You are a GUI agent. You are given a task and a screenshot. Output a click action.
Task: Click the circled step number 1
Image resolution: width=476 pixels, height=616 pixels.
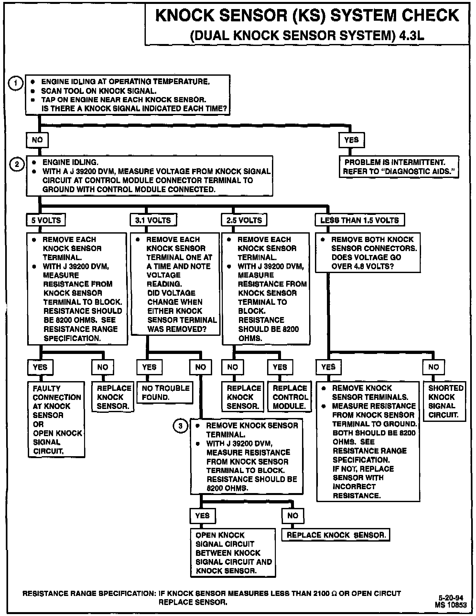tap(15, 83)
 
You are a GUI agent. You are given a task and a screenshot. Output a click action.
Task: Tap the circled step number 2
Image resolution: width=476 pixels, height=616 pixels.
tap(17, 164)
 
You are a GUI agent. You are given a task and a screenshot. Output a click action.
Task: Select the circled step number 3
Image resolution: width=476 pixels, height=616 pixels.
tap(180, 426)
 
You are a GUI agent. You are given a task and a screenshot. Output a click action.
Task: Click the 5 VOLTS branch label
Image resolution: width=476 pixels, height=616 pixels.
tap(46, 220)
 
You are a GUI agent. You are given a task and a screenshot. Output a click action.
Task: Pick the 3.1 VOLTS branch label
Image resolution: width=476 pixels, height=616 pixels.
tap(153, 220)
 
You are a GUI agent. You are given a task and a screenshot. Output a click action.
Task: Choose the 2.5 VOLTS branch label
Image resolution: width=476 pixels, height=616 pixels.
tap(244, 220)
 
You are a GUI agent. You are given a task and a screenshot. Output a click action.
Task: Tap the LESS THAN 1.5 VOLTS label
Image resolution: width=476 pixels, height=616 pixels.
tap(360, 220)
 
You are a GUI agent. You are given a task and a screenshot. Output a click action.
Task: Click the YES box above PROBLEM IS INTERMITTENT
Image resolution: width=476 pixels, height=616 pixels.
tap(352, 140)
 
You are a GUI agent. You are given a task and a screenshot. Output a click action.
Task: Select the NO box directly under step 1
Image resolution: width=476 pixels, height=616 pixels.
tap(37, 140)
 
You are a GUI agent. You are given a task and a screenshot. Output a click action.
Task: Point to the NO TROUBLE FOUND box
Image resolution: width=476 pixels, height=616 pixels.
tap(166, 392)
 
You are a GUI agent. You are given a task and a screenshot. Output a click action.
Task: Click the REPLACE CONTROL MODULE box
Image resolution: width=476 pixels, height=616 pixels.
tap(289, 397)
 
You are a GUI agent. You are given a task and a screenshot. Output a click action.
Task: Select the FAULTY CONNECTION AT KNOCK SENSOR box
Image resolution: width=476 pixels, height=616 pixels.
tap(57, 419)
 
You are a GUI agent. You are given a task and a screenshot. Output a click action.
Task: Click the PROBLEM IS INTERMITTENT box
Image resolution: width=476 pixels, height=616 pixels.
tap(399, 167)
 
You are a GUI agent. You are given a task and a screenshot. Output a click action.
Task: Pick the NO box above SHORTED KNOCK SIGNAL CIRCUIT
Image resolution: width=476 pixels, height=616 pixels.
tap(434, 367)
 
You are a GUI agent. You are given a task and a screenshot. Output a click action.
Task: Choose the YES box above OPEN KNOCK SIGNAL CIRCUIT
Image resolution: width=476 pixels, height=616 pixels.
tap(202, 515)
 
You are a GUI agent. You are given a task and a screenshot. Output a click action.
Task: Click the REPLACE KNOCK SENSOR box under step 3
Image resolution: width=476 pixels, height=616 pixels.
tap(336, 535)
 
